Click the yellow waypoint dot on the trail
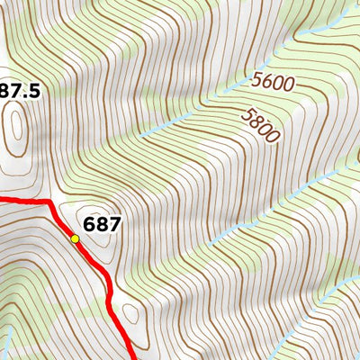75,238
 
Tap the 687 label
100,223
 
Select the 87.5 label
22,91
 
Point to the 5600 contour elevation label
274,83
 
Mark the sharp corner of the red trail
49,203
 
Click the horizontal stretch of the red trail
22,200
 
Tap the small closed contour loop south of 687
130,314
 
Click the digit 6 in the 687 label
88,223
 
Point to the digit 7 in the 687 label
112,223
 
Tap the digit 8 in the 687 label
100,223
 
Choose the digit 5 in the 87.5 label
38,91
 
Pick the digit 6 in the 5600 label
268,80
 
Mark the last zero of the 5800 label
274,134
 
